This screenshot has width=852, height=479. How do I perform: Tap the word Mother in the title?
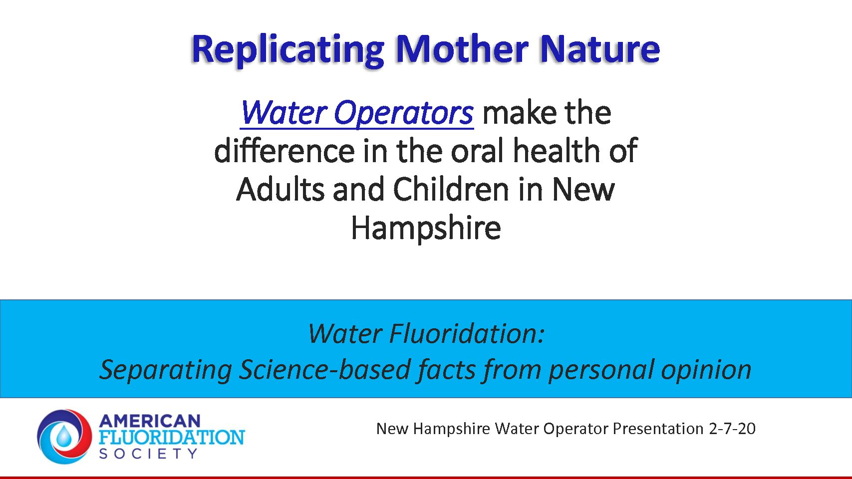point(462,49)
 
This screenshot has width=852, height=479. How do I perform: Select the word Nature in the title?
point(600,49)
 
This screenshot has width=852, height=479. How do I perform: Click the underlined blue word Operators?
point(404,113)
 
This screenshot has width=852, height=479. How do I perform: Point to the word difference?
point(284,151)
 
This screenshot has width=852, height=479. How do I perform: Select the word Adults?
point(281,189)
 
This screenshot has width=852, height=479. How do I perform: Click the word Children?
point(451,189)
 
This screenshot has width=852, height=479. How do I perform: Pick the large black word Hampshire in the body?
point(426,228)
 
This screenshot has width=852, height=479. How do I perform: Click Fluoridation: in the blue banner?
point(467,333)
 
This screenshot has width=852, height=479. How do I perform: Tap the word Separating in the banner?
point(166,370)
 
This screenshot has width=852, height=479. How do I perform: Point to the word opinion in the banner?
point(706,370)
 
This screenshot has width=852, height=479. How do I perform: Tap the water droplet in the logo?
point(64,437)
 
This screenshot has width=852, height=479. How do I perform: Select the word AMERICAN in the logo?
point(149,421)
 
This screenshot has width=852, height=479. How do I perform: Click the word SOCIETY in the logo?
point(148,454)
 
